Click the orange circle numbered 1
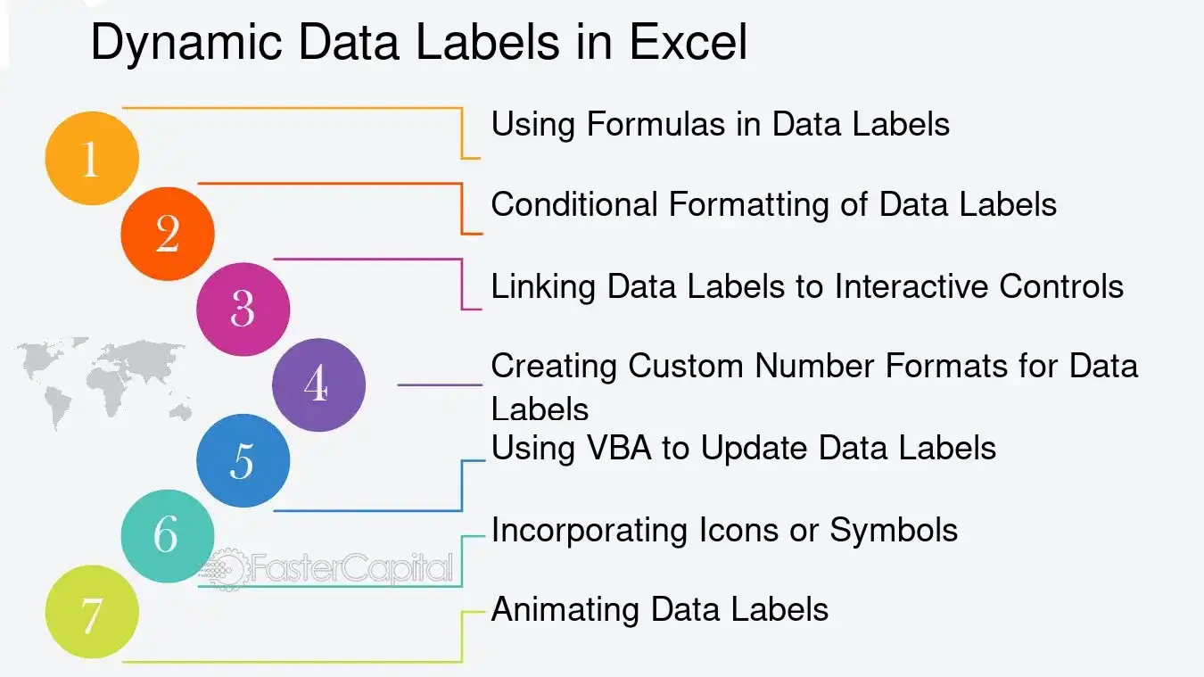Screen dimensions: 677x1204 [x=92, y=159]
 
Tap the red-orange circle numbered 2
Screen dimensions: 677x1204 [x=168, y=234]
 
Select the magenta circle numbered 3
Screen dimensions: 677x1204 [x=243, y=309]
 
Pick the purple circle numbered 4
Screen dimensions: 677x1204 [x=318, y=385]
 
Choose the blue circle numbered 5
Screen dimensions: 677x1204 [x=243, y=461]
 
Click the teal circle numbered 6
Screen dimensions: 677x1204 [x=167, y=535]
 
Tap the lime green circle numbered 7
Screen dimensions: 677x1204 [x=92, y=613]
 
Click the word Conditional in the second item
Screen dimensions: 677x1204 [x=573, y=204]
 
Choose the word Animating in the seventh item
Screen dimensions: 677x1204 [x=565, y=610]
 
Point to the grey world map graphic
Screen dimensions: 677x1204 [x=98, y=379]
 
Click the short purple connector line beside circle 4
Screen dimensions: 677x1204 [x=439, y=385]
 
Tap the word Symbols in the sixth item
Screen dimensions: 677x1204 [x=894, y=530]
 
